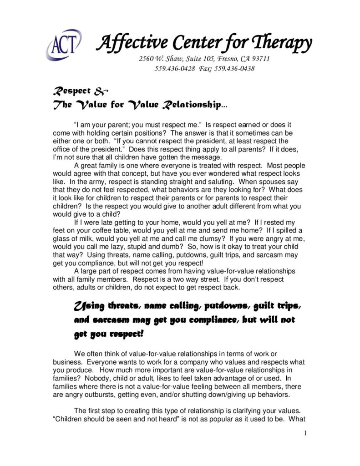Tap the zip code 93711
point(259,59)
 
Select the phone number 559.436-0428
point(175,69)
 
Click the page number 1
point(306,433)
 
